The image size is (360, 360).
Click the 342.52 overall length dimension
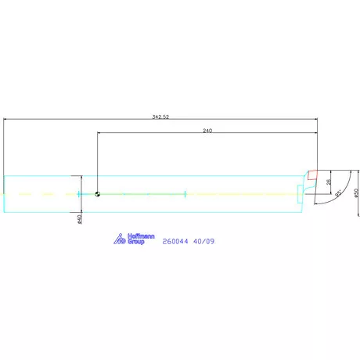[x=162, y=117]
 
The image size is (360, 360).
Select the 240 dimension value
[x=207, y=130]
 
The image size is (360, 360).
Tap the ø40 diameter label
[x=80, y=220]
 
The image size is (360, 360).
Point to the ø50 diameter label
[x=356, y=193]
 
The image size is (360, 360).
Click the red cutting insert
[x=312, y=174]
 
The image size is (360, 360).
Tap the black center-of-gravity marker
[x=97, y=193]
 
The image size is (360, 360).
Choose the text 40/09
[x=203, y=241]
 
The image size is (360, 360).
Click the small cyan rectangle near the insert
[x=300, y=193]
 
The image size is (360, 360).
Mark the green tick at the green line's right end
[x=183, y=193]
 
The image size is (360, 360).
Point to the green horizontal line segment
[x=141, y=193]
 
